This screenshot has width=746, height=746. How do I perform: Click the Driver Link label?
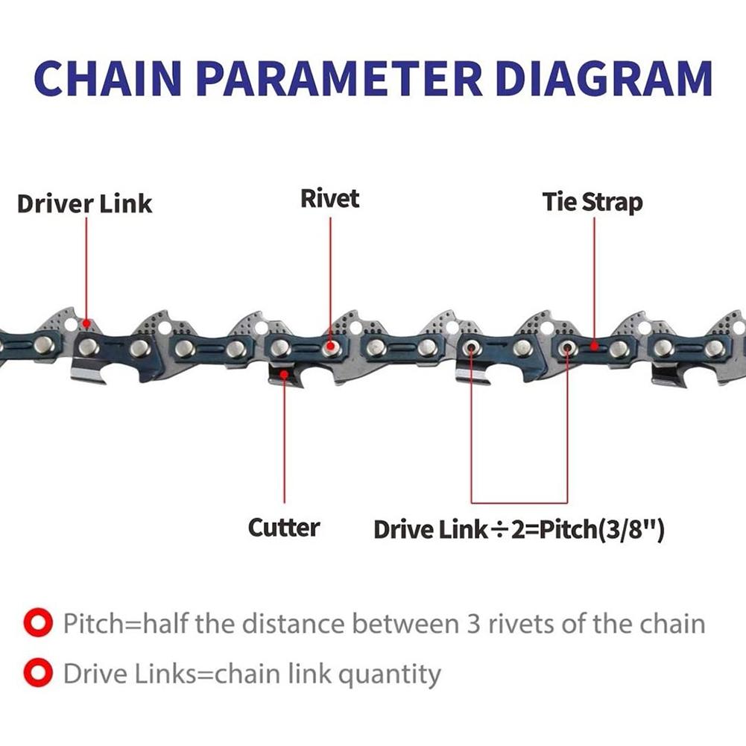84,203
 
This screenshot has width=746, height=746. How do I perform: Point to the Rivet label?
329,199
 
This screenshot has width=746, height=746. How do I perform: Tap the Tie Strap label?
592,202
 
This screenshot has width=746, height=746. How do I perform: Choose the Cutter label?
284,528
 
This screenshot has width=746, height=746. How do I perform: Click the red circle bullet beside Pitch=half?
38,622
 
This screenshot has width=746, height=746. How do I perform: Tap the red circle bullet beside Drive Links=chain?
38,674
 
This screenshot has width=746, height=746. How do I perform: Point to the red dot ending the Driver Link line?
87,323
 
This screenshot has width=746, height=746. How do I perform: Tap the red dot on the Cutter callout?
284,375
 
